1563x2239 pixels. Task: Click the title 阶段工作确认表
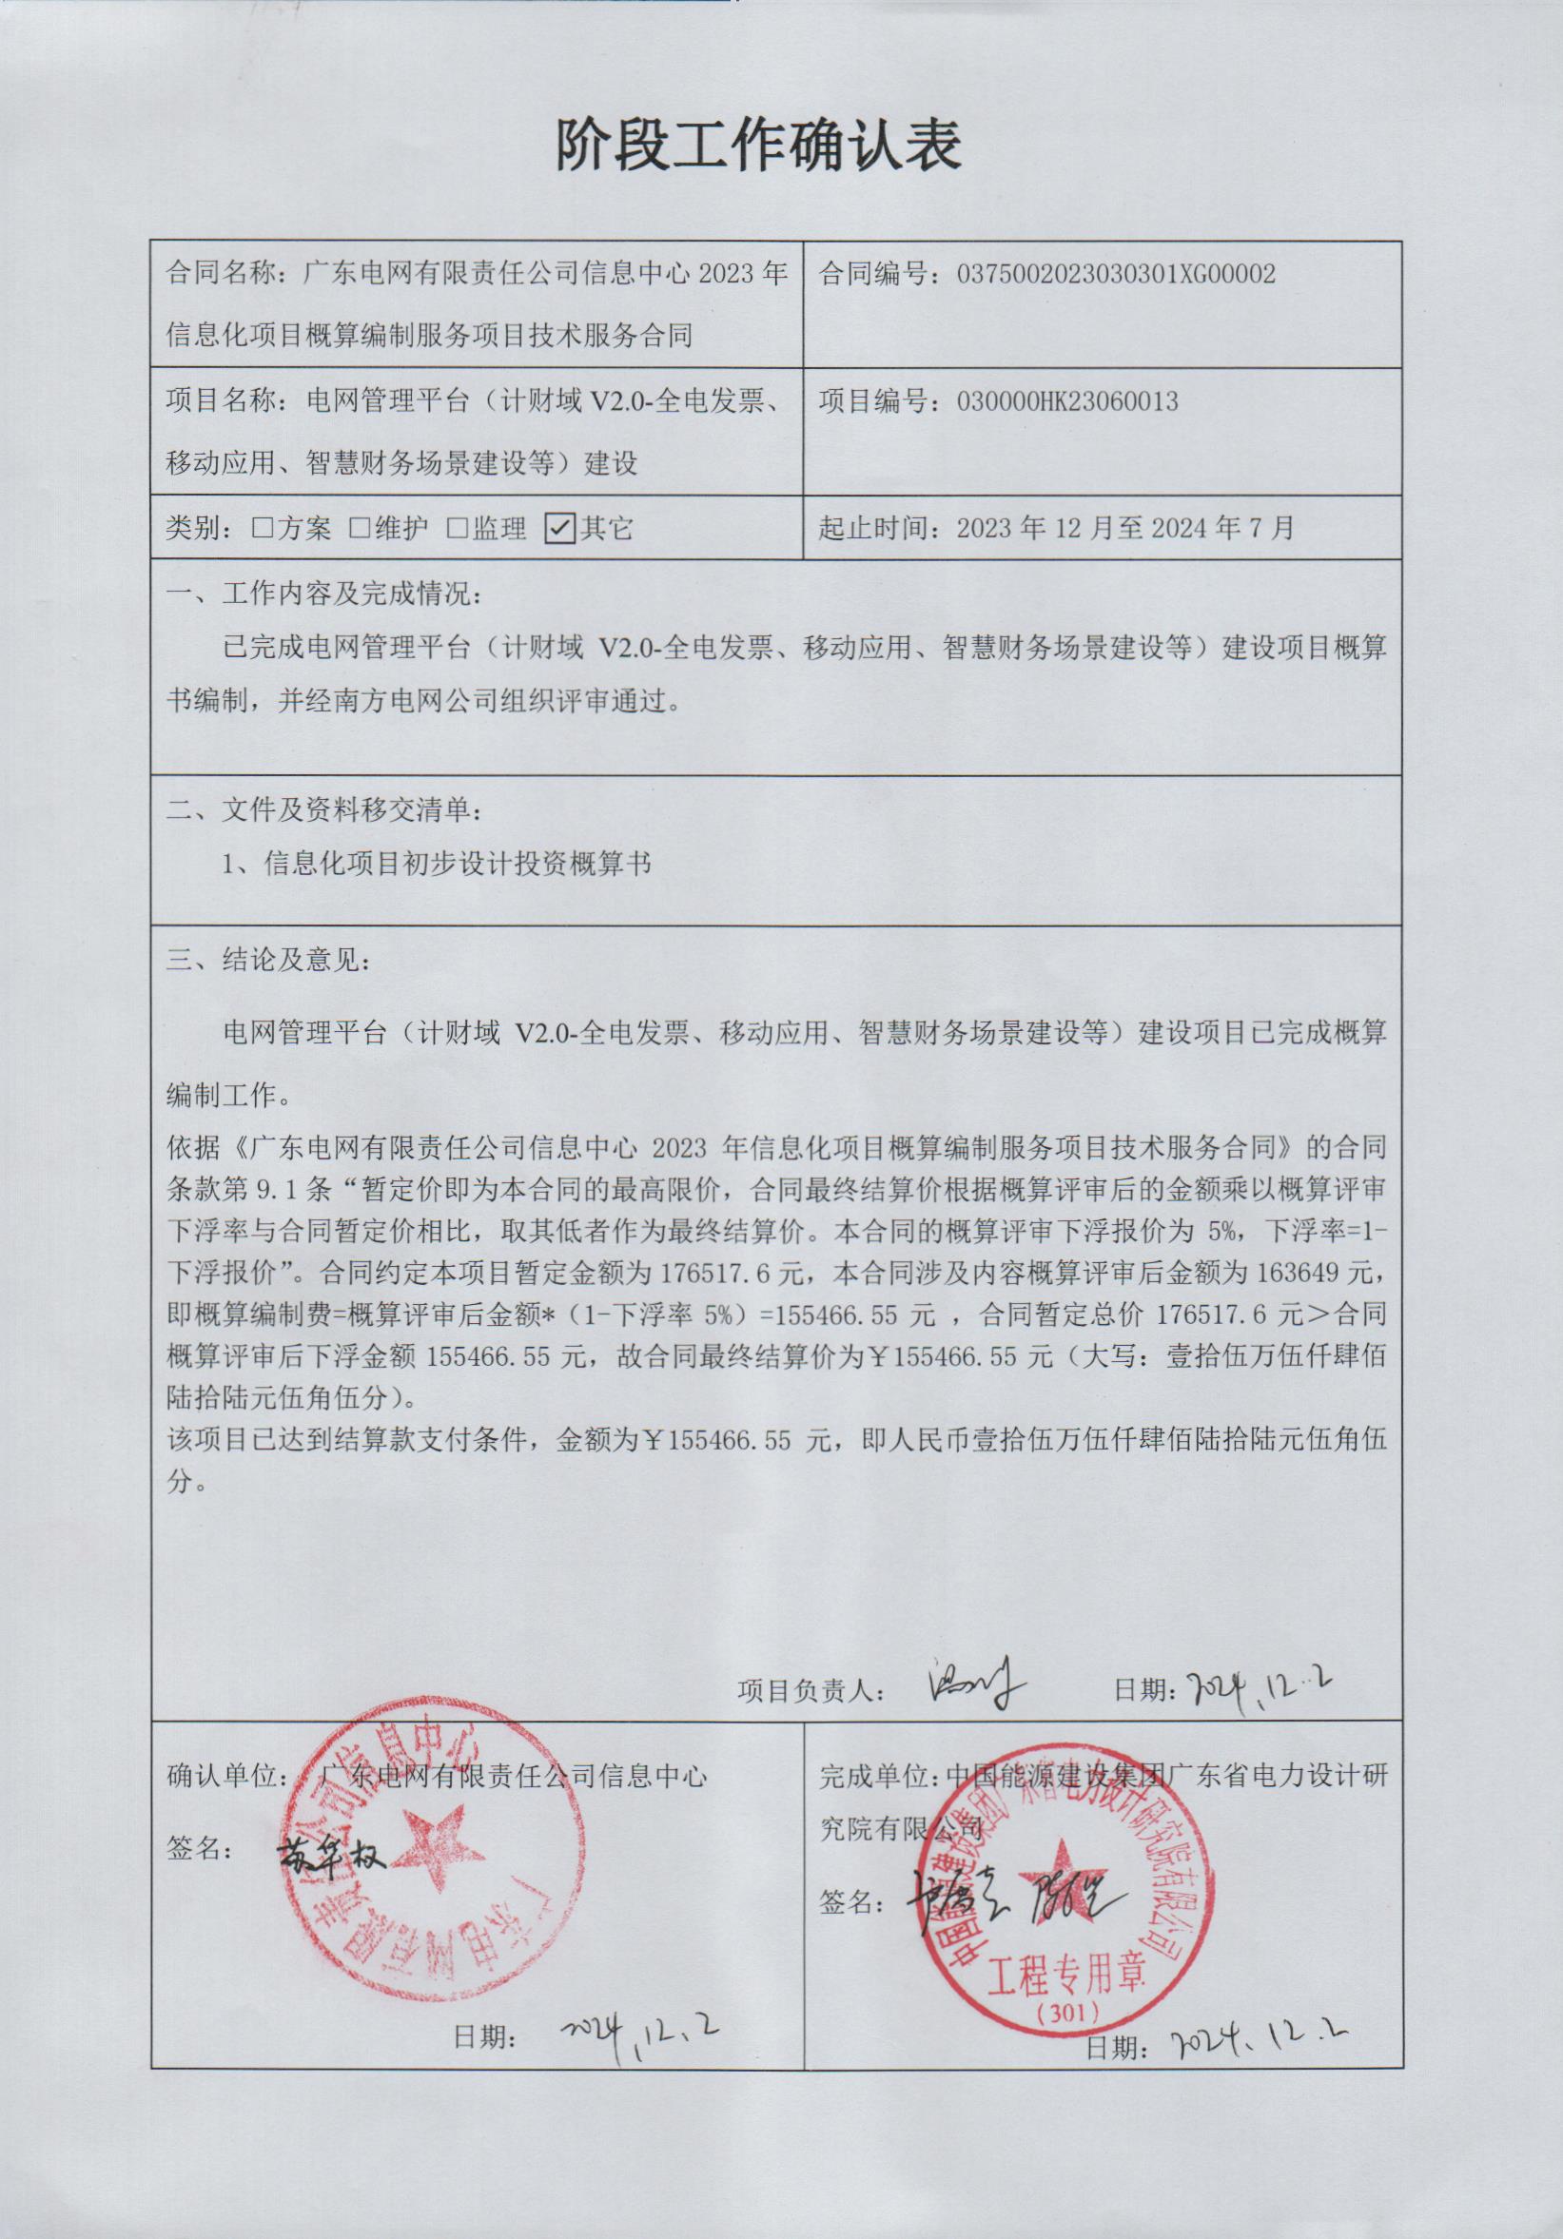[x=759, y=146]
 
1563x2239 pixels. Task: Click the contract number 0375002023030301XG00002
[x=1116, y=274]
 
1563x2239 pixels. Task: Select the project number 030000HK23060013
[x=1067, y=400]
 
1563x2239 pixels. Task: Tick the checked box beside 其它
[x=559, y=528]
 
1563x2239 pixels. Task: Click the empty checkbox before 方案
[x=262, y=529]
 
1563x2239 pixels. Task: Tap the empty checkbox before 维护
[x=359, y=529]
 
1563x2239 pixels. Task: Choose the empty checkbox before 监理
[x=457, y=529]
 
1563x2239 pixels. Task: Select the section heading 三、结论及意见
[x=268, y=961]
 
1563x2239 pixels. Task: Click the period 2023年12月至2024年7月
[x=1126, y=528]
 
